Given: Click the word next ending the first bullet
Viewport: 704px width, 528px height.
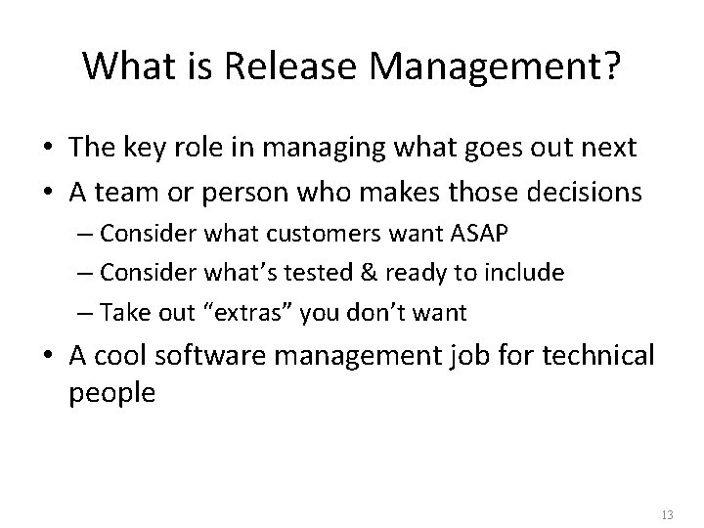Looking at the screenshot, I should (x=607, y=149).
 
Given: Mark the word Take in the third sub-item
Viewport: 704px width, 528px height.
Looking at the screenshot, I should (x=130, y=313).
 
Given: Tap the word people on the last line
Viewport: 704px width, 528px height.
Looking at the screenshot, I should (x=110, y=394).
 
